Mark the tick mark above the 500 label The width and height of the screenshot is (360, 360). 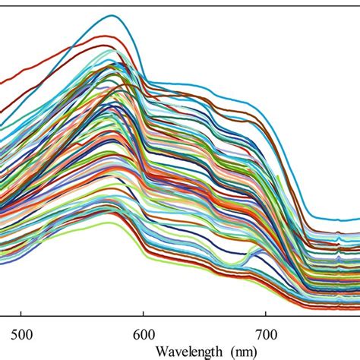coord(21,310)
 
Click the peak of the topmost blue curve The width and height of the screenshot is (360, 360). coord(113,15)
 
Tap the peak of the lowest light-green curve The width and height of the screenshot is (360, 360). coord(114,223)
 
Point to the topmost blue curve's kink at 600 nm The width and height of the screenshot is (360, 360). coord(147,79)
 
